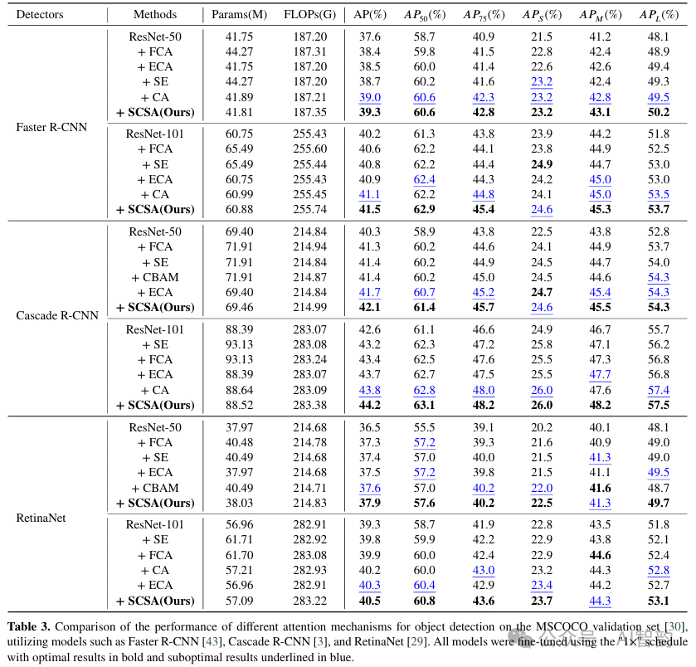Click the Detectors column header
pos(40,15)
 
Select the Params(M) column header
pos(239,15)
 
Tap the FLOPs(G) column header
pos(309,15)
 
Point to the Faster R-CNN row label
pos(51,128)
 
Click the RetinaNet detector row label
pos(41,518)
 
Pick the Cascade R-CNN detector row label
pos(57,315)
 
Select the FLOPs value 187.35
pos(309,112)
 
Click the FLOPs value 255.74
pos(309,209)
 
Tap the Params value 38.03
pos(239,503)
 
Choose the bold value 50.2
pos(659,112)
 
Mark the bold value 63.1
pos(425,405)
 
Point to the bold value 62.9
pos(425,209)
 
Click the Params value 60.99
pos(239,194)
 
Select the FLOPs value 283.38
pos(309,405)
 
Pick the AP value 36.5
pos(370,427)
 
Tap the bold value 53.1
pos(659,601)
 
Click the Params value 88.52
pos(239,405)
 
